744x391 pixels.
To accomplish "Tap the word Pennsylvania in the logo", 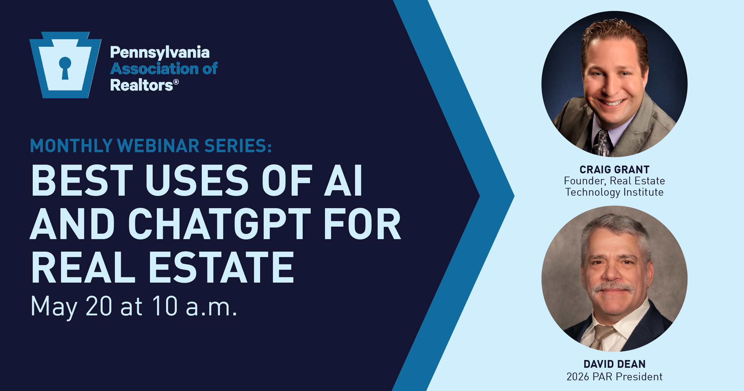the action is click(x=160, y=53).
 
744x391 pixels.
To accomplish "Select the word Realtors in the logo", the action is click(x=142, y=85).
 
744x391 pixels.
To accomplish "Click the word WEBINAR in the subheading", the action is click(x=158, y=146).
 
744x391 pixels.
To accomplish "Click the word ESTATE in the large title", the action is click(x=221, y=267).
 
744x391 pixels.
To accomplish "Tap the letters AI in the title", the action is click(x=343, y=180).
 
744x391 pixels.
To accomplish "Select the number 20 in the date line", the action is click(x=99, y=306).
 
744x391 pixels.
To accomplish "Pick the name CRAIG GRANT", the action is click(x=615, y=169).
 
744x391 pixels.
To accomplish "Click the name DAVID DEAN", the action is click(x=615, y=364).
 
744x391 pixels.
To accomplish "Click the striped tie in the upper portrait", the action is click(x=602, y=143).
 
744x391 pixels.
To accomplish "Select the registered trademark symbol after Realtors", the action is click(x=176, y=82).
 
